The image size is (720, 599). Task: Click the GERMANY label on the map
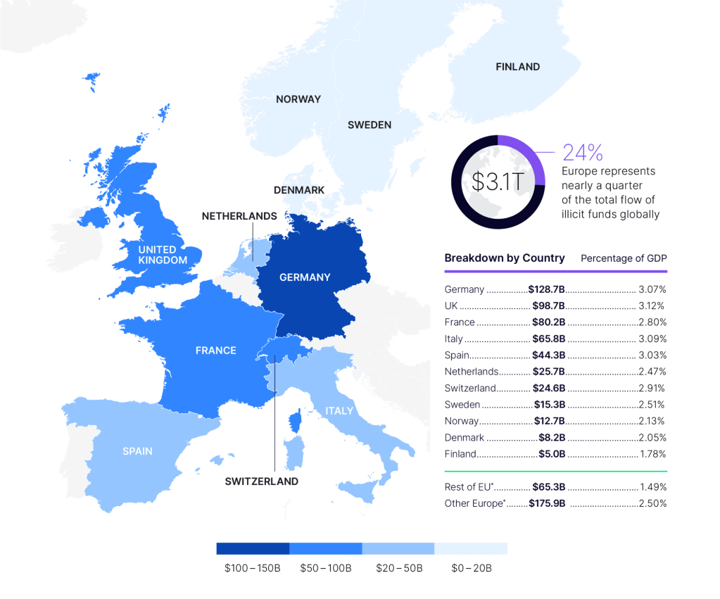point(305,277)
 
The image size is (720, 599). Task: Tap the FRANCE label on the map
point(215,351)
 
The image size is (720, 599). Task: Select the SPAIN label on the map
point(137,451)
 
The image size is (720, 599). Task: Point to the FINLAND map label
point(517,67)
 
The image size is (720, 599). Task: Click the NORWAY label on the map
point(298,99)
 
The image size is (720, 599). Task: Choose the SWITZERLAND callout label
point(261,481)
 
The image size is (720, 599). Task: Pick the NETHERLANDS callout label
point(239,216)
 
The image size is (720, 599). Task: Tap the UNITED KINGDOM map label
point(163,255)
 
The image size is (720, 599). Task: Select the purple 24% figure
point(583,152)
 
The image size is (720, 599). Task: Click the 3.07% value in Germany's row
point(652,289)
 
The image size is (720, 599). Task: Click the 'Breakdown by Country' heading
point(504,258)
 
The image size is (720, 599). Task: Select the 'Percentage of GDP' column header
point(623,258)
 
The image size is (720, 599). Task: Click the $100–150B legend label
point(252,567)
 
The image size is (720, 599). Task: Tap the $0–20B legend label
point(470,567)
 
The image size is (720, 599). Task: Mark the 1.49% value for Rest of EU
point(652,486)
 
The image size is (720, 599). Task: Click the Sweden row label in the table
point(461,404)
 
